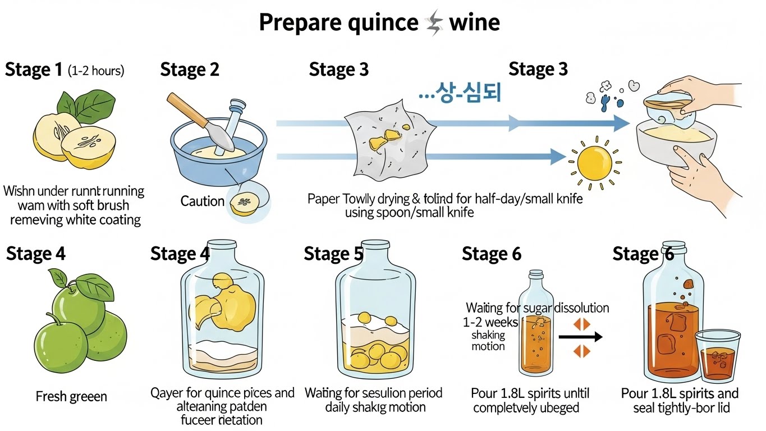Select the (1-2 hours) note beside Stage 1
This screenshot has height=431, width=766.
[95, 71]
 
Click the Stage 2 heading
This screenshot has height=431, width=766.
[189, 70]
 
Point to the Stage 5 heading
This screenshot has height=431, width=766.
[333, 254]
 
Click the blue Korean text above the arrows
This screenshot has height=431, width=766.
[460, 93]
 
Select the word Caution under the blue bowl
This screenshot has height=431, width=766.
[202, 201]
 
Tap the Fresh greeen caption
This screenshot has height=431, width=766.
[71, 397]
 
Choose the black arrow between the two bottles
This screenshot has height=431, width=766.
[580, 337]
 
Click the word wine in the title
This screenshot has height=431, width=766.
[474, 23]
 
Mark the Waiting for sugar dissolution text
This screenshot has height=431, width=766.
[537, 308]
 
